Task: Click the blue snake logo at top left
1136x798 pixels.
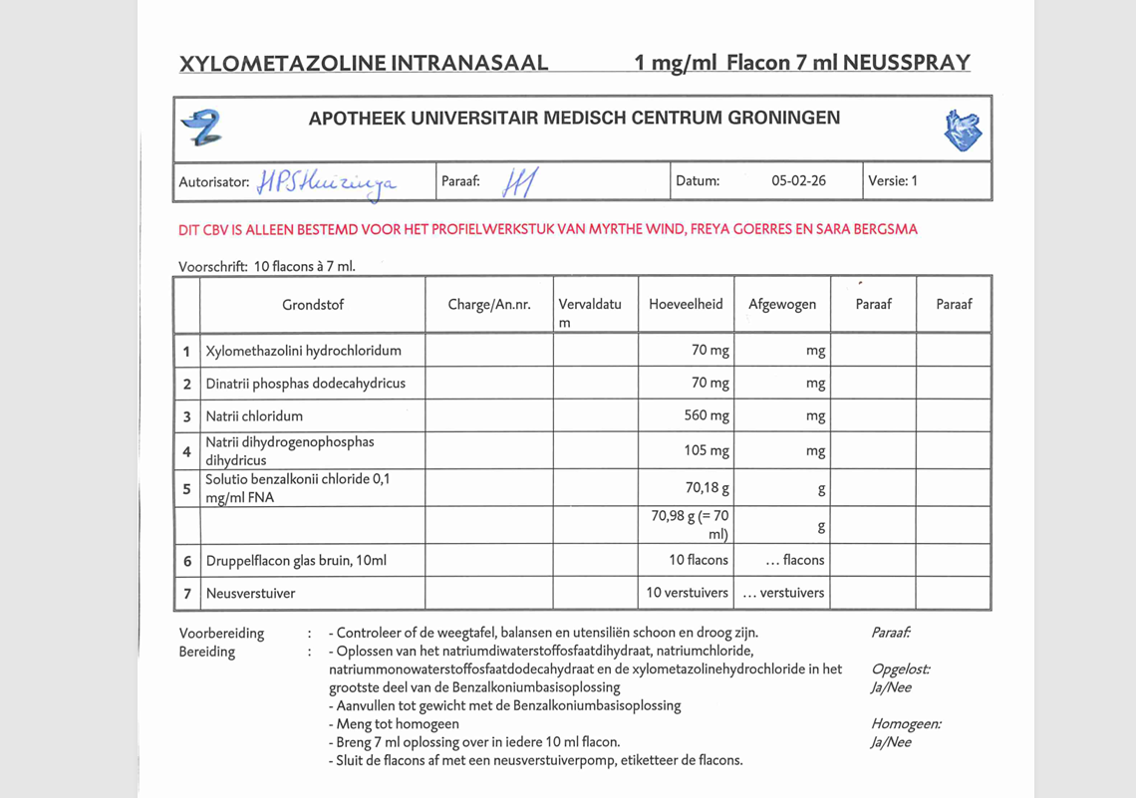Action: coord(201,128)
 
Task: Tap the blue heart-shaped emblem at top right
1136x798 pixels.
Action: coord(963,131)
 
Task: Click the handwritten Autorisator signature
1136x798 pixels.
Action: coord(326,182)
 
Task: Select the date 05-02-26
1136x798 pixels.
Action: coord(798,181)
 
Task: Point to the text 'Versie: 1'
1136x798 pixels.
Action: coord(892,181)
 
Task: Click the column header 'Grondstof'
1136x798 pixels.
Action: coord(313,305)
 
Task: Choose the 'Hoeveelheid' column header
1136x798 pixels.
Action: coord(686,305)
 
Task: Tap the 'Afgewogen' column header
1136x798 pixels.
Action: coord(782,305)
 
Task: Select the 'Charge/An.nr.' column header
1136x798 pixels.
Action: coord(488,305)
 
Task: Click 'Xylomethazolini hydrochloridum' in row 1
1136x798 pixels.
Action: coord(304,351)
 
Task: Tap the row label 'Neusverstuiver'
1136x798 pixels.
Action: coord(251,593)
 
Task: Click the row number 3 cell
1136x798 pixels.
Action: coord(186,416)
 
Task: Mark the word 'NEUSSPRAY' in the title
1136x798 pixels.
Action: coord(906,63)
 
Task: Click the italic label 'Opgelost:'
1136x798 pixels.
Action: coord(900,669)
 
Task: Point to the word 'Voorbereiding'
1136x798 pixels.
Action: coord(222,633)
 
